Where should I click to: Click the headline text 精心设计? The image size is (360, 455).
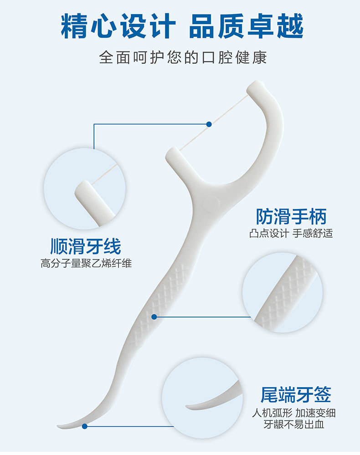click(118, 26)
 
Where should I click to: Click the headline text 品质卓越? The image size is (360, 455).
click(246, 26)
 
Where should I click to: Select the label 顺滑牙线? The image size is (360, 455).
click(86, 246)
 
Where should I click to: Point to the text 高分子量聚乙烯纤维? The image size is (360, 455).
click(86, 263)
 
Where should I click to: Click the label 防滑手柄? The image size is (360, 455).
click(291, 216)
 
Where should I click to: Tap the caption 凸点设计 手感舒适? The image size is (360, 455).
click(291, 234)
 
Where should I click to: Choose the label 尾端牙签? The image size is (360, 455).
click(296, 394)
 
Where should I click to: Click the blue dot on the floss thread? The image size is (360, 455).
click(209, 124)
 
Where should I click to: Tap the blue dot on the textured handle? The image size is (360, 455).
click(154, 317)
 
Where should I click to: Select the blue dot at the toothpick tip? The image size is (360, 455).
click(85, 426)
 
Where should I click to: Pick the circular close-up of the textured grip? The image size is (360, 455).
click(283, 292)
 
